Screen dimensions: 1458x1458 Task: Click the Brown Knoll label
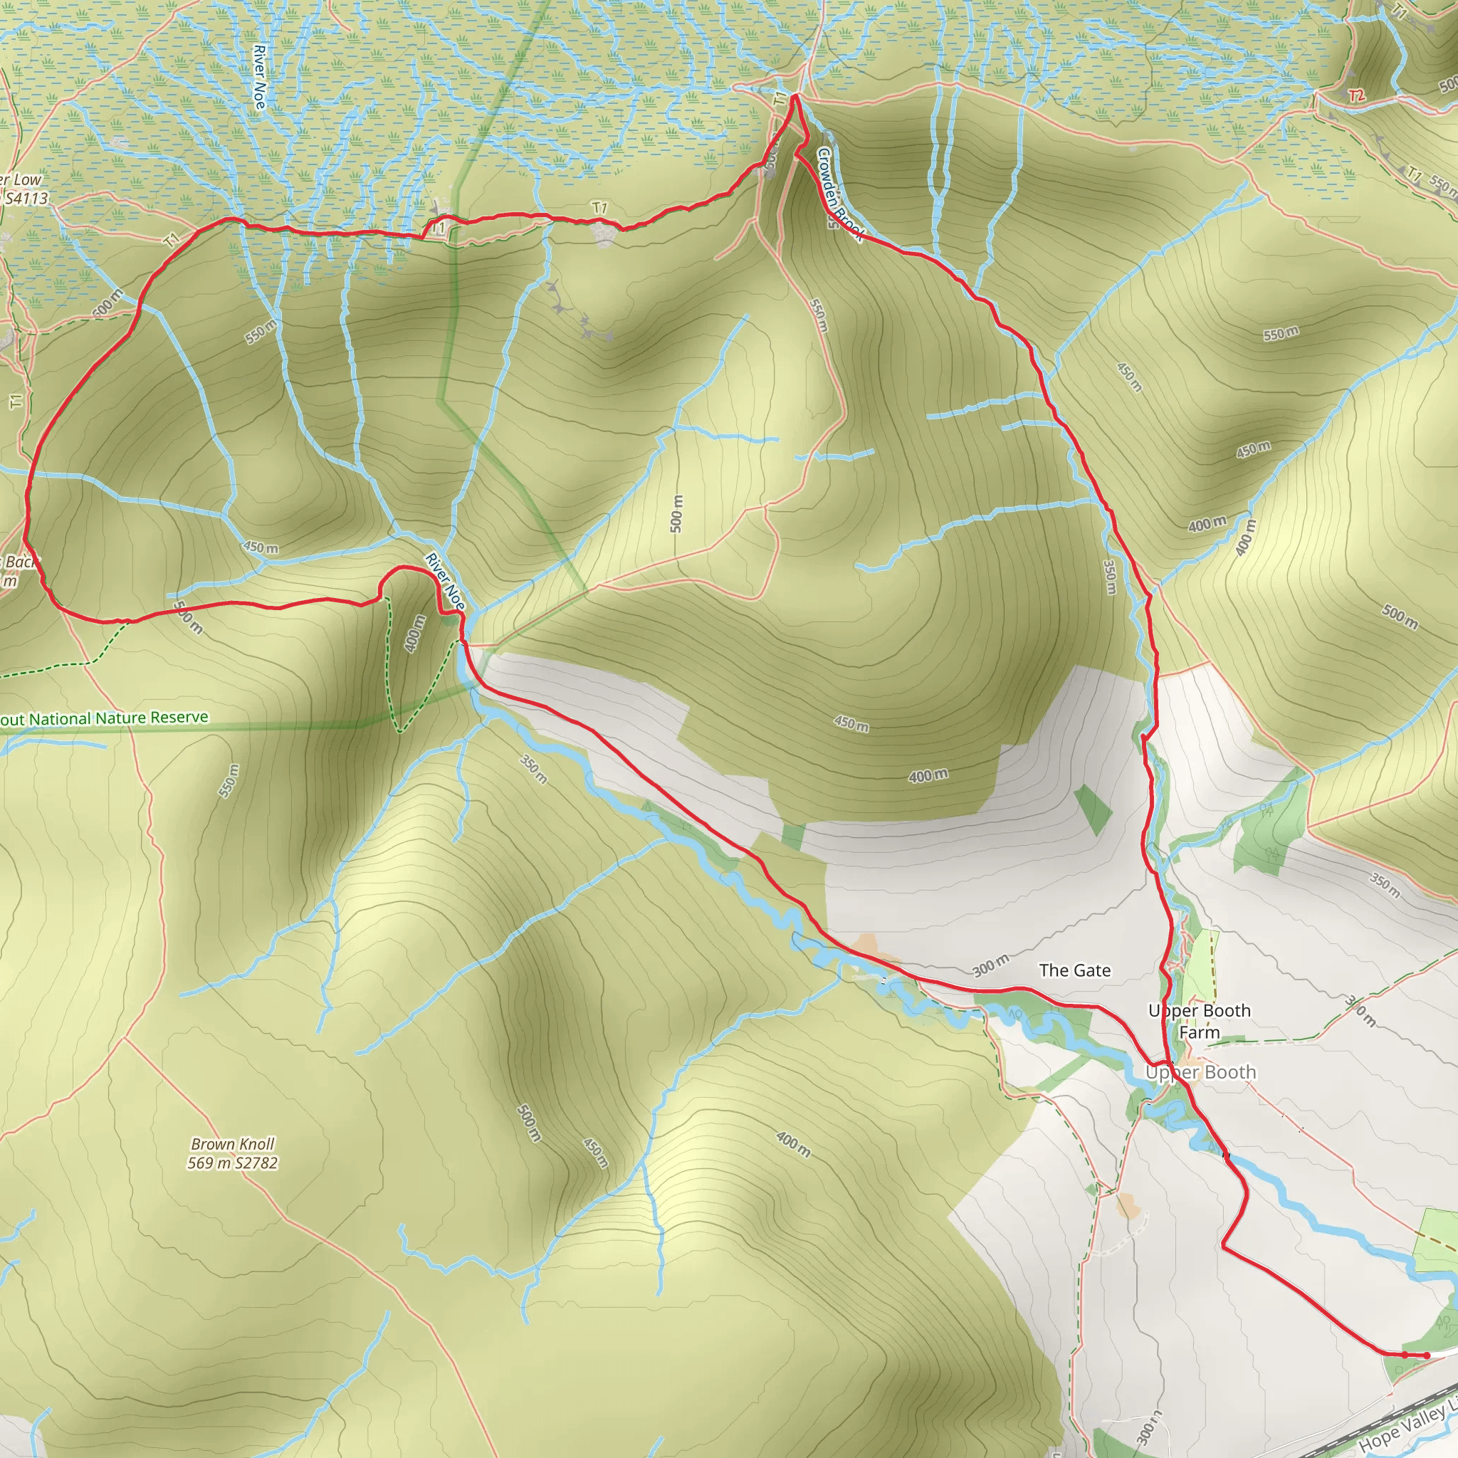tap(232, 1144)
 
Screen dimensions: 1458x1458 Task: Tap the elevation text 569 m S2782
tap(232, 1163)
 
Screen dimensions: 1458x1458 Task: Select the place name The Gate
tap(1074, 970)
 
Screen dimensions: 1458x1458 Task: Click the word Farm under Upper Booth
tap(1200, 1032)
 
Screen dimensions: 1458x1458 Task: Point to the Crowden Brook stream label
tap(839, 194)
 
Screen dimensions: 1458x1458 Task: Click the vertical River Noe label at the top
tap(260, 76)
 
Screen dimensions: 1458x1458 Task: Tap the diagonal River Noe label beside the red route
tap(445, 582)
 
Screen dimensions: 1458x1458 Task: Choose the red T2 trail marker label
tap(1356, 96)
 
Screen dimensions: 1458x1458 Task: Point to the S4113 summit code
tap(26, 199)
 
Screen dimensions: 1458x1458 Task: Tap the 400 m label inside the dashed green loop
tap(414, 633)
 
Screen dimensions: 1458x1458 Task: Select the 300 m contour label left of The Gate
tap(990, 965)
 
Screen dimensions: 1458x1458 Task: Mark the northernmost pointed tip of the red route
tap(794, 95)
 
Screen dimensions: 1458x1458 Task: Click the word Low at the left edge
tap(26, 179)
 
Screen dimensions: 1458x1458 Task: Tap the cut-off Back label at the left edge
tap(19, 562)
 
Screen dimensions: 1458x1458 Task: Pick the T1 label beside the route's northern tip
tap(780, 98)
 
